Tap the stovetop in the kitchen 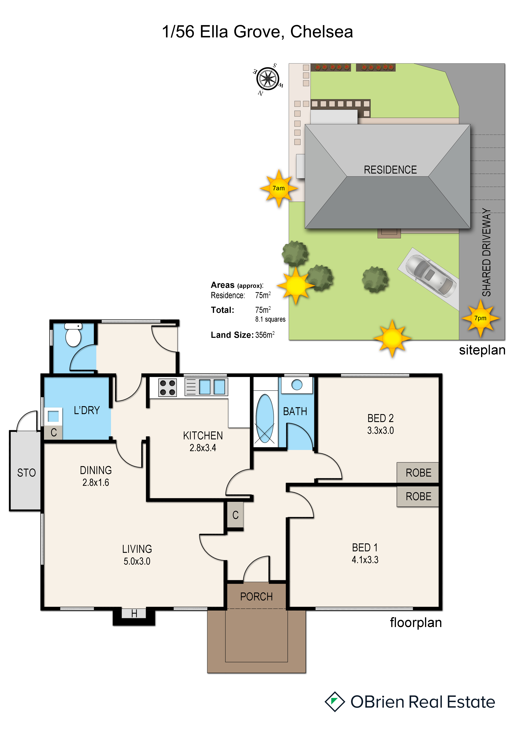[168, 387]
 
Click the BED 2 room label [381, 418]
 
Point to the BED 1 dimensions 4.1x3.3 [365, 560]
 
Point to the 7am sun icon [279, 188]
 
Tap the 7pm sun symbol [481, 318]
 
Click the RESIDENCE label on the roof [390, 170]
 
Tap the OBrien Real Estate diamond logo [335, 702]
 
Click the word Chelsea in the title [322, 32]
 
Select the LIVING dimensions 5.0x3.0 [137, 561]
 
